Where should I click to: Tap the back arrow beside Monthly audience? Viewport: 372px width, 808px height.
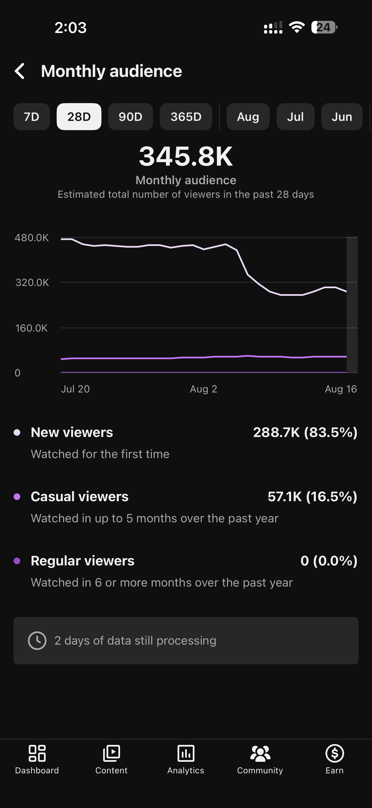19,71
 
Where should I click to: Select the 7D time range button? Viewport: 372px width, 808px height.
32,117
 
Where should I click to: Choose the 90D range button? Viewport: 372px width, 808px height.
130,117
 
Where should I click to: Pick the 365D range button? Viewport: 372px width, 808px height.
186,117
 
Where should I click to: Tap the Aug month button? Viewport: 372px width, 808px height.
248,117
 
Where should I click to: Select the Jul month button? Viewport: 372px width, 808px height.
295,117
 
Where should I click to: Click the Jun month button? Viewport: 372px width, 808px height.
342,117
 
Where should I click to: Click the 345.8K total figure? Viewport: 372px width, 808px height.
186,156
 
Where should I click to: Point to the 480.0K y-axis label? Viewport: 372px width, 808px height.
32,238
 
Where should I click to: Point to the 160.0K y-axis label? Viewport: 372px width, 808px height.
31,328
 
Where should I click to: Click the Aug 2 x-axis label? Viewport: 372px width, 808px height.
203,389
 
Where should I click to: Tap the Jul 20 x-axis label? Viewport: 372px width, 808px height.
75,389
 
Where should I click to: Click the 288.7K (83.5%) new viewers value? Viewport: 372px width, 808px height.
305,432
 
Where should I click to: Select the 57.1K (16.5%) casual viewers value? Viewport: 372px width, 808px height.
313,496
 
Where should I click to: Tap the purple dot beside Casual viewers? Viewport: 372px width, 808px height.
17,496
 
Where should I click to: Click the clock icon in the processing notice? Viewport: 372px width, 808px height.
37,640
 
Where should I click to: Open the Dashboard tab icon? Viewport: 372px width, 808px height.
37,753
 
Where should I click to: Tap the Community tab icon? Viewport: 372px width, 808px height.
260,753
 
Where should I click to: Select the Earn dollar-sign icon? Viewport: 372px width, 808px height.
335,753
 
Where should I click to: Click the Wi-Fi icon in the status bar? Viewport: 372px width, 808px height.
297,27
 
